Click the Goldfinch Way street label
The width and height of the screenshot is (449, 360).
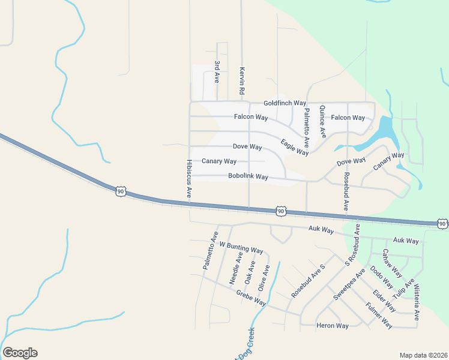coord(285,103)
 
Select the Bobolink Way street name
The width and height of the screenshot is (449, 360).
coord(248,177)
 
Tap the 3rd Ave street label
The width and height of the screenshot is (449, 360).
coord(217,71)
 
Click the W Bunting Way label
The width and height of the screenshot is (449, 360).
coord(241,247)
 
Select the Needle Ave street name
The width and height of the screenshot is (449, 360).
coord(236,268)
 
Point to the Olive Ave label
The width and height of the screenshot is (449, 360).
coord(264,277)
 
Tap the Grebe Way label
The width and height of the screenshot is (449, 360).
coord(251,298)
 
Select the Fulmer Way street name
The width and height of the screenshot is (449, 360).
coord(379,316)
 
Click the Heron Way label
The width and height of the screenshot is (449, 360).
coord(333,326)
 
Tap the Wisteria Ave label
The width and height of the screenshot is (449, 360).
coord(417,302)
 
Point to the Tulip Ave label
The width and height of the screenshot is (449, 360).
coord(403,290)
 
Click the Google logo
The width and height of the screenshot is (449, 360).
coord(20,353)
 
